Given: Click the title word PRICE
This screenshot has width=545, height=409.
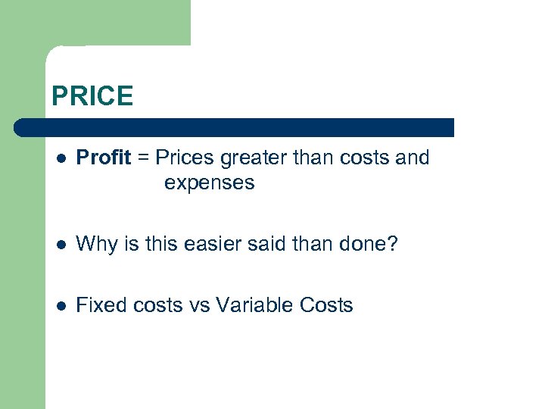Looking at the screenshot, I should (x=92, y=96).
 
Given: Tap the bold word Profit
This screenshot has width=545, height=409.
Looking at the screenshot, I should (x=104, y=158).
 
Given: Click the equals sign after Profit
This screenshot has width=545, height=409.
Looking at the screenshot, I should (x=143, y=158).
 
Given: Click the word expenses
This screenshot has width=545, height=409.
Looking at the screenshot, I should (x=209, y=183).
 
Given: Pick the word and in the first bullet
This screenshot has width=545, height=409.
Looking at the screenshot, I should (x=413, y=158).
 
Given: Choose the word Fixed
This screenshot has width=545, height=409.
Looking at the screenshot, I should (x=102, y=305).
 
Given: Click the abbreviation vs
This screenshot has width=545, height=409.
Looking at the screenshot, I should (x=198, y=305).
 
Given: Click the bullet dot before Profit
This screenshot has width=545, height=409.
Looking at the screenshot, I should (x=61, y=158).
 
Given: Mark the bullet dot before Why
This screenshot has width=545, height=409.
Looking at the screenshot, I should (x=61, y=245).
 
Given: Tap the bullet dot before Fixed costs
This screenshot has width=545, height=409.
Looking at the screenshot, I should (x=61, y=306).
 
